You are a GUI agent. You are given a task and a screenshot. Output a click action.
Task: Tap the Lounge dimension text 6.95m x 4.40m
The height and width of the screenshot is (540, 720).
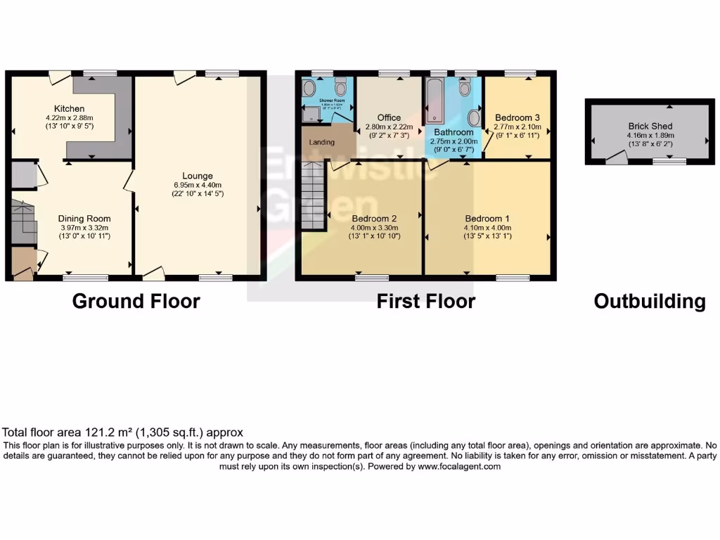tap(197, 185)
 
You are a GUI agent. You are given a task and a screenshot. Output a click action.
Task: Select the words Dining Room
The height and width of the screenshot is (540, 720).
tap(84, 219)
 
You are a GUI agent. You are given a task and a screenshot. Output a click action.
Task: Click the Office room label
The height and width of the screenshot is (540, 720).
tap(388, 117)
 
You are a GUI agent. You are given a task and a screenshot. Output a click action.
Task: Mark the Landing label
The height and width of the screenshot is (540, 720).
tap(322, 142)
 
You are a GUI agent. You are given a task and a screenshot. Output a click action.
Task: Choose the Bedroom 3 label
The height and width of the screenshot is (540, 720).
tap(517, 117)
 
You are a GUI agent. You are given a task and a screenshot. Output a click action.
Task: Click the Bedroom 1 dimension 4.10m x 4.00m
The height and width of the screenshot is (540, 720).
tap(487, 227)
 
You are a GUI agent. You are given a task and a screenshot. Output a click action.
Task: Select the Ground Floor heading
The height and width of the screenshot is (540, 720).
tap(136, 302)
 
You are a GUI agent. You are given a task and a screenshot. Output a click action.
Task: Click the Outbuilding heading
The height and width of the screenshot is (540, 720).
tap(649, 302)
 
